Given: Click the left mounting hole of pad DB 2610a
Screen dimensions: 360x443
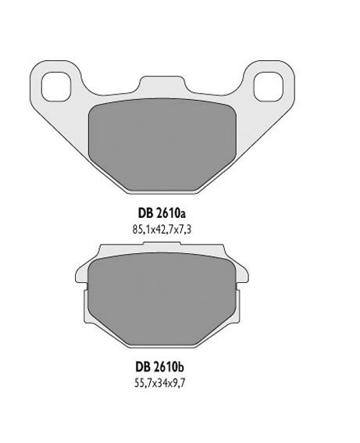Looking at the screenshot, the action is [x=55, y=87].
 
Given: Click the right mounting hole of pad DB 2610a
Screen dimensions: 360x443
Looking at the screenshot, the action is [x=268, y=87].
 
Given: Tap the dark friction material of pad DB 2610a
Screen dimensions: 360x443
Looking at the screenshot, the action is [x=162, y=145].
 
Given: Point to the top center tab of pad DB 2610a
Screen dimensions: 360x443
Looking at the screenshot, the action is [x=162, y=84].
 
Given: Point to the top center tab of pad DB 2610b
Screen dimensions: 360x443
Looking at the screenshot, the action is [x=162, y=244].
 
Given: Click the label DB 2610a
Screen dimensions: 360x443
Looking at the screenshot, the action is [x=162, y=213].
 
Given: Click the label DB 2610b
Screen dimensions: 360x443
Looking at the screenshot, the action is [x=160, y=367].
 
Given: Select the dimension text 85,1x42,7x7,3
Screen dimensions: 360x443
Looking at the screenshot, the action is [x=162, y=230].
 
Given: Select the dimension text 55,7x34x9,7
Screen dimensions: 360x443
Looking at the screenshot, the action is [x=160, y=384].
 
